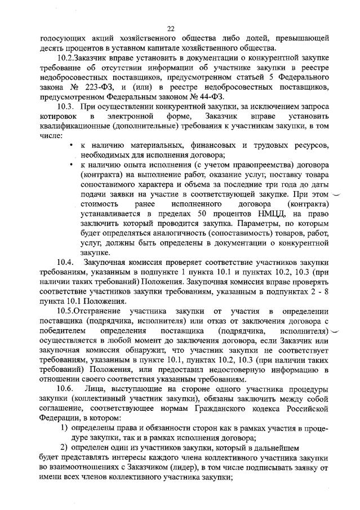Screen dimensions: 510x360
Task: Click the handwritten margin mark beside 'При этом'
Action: [x=337, y=194]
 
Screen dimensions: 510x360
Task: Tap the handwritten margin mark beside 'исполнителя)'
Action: [x=337, y=331]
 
